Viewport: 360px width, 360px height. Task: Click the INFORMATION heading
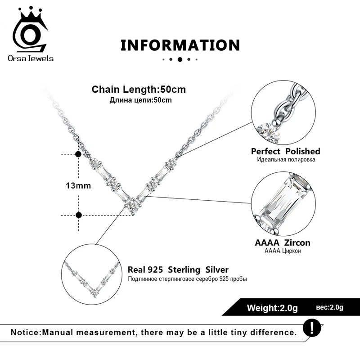pyautogui.click(x=180, y=45)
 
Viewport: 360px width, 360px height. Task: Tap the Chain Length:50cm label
pyautogui.click(x=139, y=89)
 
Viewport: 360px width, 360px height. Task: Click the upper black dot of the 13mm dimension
pyautogui.click(x=78, y=154)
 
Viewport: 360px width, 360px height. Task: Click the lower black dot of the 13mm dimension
pyautogui.click(x=79, y=215)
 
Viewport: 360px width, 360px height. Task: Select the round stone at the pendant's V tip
pyautogui.click(x=133, y=205)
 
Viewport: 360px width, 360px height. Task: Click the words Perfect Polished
pyautogui.click(x=285, y=151)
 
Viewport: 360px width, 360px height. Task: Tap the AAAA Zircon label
pyautogui.click(x=283, y=243)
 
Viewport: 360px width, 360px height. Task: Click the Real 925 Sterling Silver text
pyautogui.click(x=178, y=270)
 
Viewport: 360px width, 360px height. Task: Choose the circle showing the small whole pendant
pyautogui.click(x=93, y=278)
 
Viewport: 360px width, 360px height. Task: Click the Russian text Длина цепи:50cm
pyautogui.click(x=140, y=100)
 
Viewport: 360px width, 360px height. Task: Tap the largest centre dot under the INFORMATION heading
pyautogui.click(x=180, y=59)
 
